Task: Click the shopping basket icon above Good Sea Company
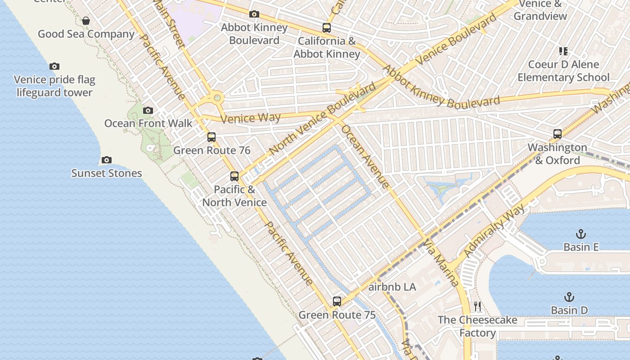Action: (x=86, y=21)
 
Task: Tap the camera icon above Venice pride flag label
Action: (x=54, y=67)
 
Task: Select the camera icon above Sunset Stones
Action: (x=107, y=160)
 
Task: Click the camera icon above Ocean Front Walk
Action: (x=148, y=110)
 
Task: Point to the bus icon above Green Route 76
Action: (x=211, y=137)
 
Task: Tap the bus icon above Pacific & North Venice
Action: (x=234, y=176)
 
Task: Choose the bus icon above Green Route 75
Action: (x=337, y=301)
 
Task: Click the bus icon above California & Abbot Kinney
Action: (x=327, y=28)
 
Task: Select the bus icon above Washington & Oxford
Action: (x=558, y=134)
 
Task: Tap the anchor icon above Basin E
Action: (x=581, y=234)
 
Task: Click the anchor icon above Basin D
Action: (x=569, y=297)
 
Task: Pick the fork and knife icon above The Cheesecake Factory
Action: (x=477, y=307)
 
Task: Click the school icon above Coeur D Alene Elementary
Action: (x=563, y=51)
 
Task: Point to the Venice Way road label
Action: (x=251, y=118)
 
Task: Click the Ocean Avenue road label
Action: (x=365, y=156)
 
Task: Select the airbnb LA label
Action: (x=392, y=287)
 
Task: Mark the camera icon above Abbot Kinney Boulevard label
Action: (x=254, y=14)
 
